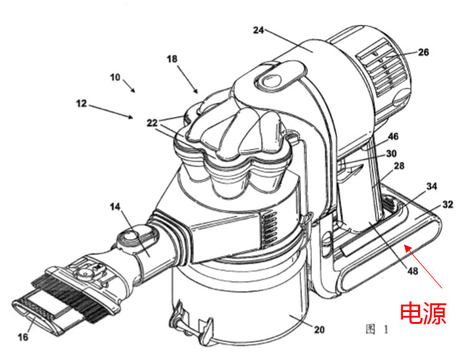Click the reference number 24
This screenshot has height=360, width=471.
click(259, 30)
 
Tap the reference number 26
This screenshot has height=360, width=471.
click(424, 52)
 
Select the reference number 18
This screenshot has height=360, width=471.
click(172, 59)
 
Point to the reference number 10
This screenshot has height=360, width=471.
click(115, 77)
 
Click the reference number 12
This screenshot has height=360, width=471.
click(82, 103)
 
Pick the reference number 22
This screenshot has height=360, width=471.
click(152, 123)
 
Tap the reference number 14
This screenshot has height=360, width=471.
click(115, 207)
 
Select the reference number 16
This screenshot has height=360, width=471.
click(23, 337)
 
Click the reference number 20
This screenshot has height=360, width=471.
click(320, 329)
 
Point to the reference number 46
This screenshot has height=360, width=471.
click(393, 136)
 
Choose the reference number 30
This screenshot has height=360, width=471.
click(391, 154)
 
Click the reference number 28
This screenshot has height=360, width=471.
click(399, 166)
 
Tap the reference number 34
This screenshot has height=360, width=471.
click(432, 186)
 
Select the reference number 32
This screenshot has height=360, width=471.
click(447, 204)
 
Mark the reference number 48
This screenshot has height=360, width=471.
click(412, 271)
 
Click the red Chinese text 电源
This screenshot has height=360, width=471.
click(423, 313)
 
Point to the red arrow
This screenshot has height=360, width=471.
click(423, 267)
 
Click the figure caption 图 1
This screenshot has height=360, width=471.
click(377, 329)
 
